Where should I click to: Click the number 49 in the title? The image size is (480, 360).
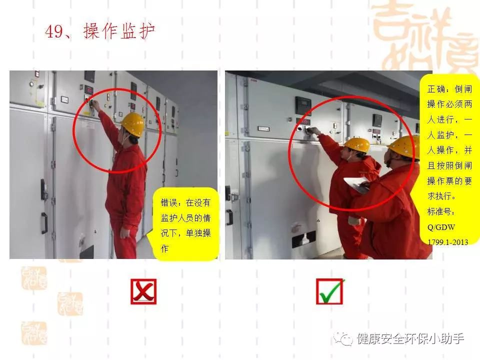(54, 31)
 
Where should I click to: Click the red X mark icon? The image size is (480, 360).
(143, 291)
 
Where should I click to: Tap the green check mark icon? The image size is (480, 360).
(330, 291)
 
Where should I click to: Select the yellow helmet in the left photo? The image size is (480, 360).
(133, 124)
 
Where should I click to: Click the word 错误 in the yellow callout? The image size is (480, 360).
(168, 202)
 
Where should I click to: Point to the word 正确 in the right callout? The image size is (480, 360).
(435, 89)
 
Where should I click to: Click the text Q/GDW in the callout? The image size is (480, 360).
(441, 227)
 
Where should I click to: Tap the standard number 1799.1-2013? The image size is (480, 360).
(448, 242)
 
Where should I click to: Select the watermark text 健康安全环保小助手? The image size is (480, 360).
(410, 338)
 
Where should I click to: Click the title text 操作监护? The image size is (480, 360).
(119, 31)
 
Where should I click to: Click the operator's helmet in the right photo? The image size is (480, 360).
(357, 144)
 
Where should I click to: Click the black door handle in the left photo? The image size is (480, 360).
(44, 223)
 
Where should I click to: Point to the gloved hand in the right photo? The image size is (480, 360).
(354, 220)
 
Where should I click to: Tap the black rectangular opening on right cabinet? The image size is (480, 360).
(303, 239)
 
